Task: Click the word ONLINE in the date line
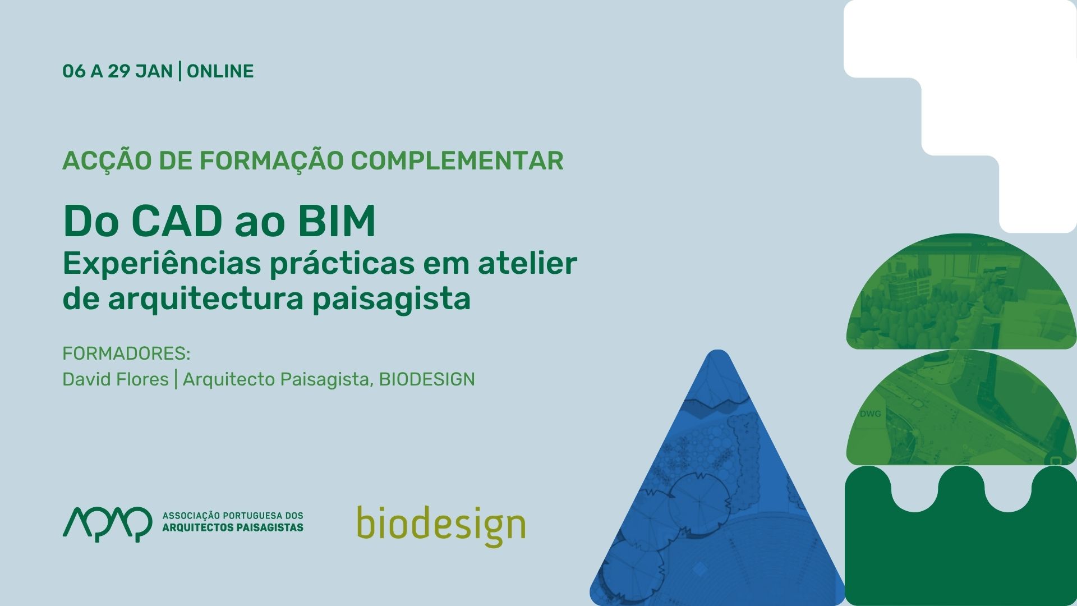click(220, 71)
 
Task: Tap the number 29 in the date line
click(119, 71)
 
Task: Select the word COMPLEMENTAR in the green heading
click(457, 160)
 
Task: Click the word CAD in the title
click(177, 221)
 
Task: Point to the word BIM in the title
click(337, 221)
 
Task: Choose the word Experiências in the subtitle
click(162, 264)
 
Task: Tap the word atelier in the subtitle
click(527, 263)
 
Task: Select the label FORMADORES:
click(127, 353)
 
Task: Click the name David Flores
click(116, 379)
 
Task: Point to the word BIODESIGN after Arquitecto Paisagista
click(427, 379)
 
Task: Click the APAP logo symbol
click(107, 524)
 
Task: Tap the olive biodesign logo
click(441, 526)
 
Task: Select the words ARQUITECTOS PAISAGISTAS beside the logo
click(233, 527)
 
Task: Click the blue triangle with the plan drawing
click(717, 494)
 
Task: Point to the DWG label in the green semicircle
click(870, 414)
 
